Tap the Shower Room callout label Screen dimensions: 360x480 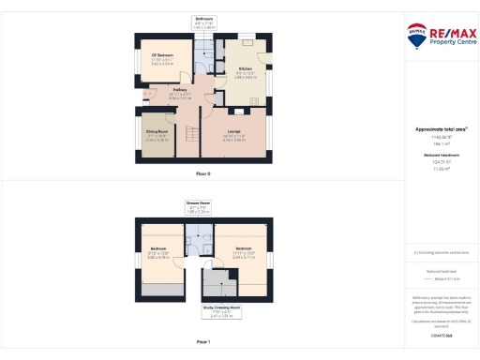198,208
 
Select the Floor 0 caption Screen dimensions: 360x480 203,174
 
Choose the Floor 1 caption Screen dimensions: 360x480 203,342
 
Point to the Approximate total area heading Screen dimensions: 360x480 435,129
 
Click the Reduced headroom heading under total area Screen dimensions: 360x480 435,154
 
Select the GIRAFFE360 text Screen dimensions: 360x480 435,334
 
